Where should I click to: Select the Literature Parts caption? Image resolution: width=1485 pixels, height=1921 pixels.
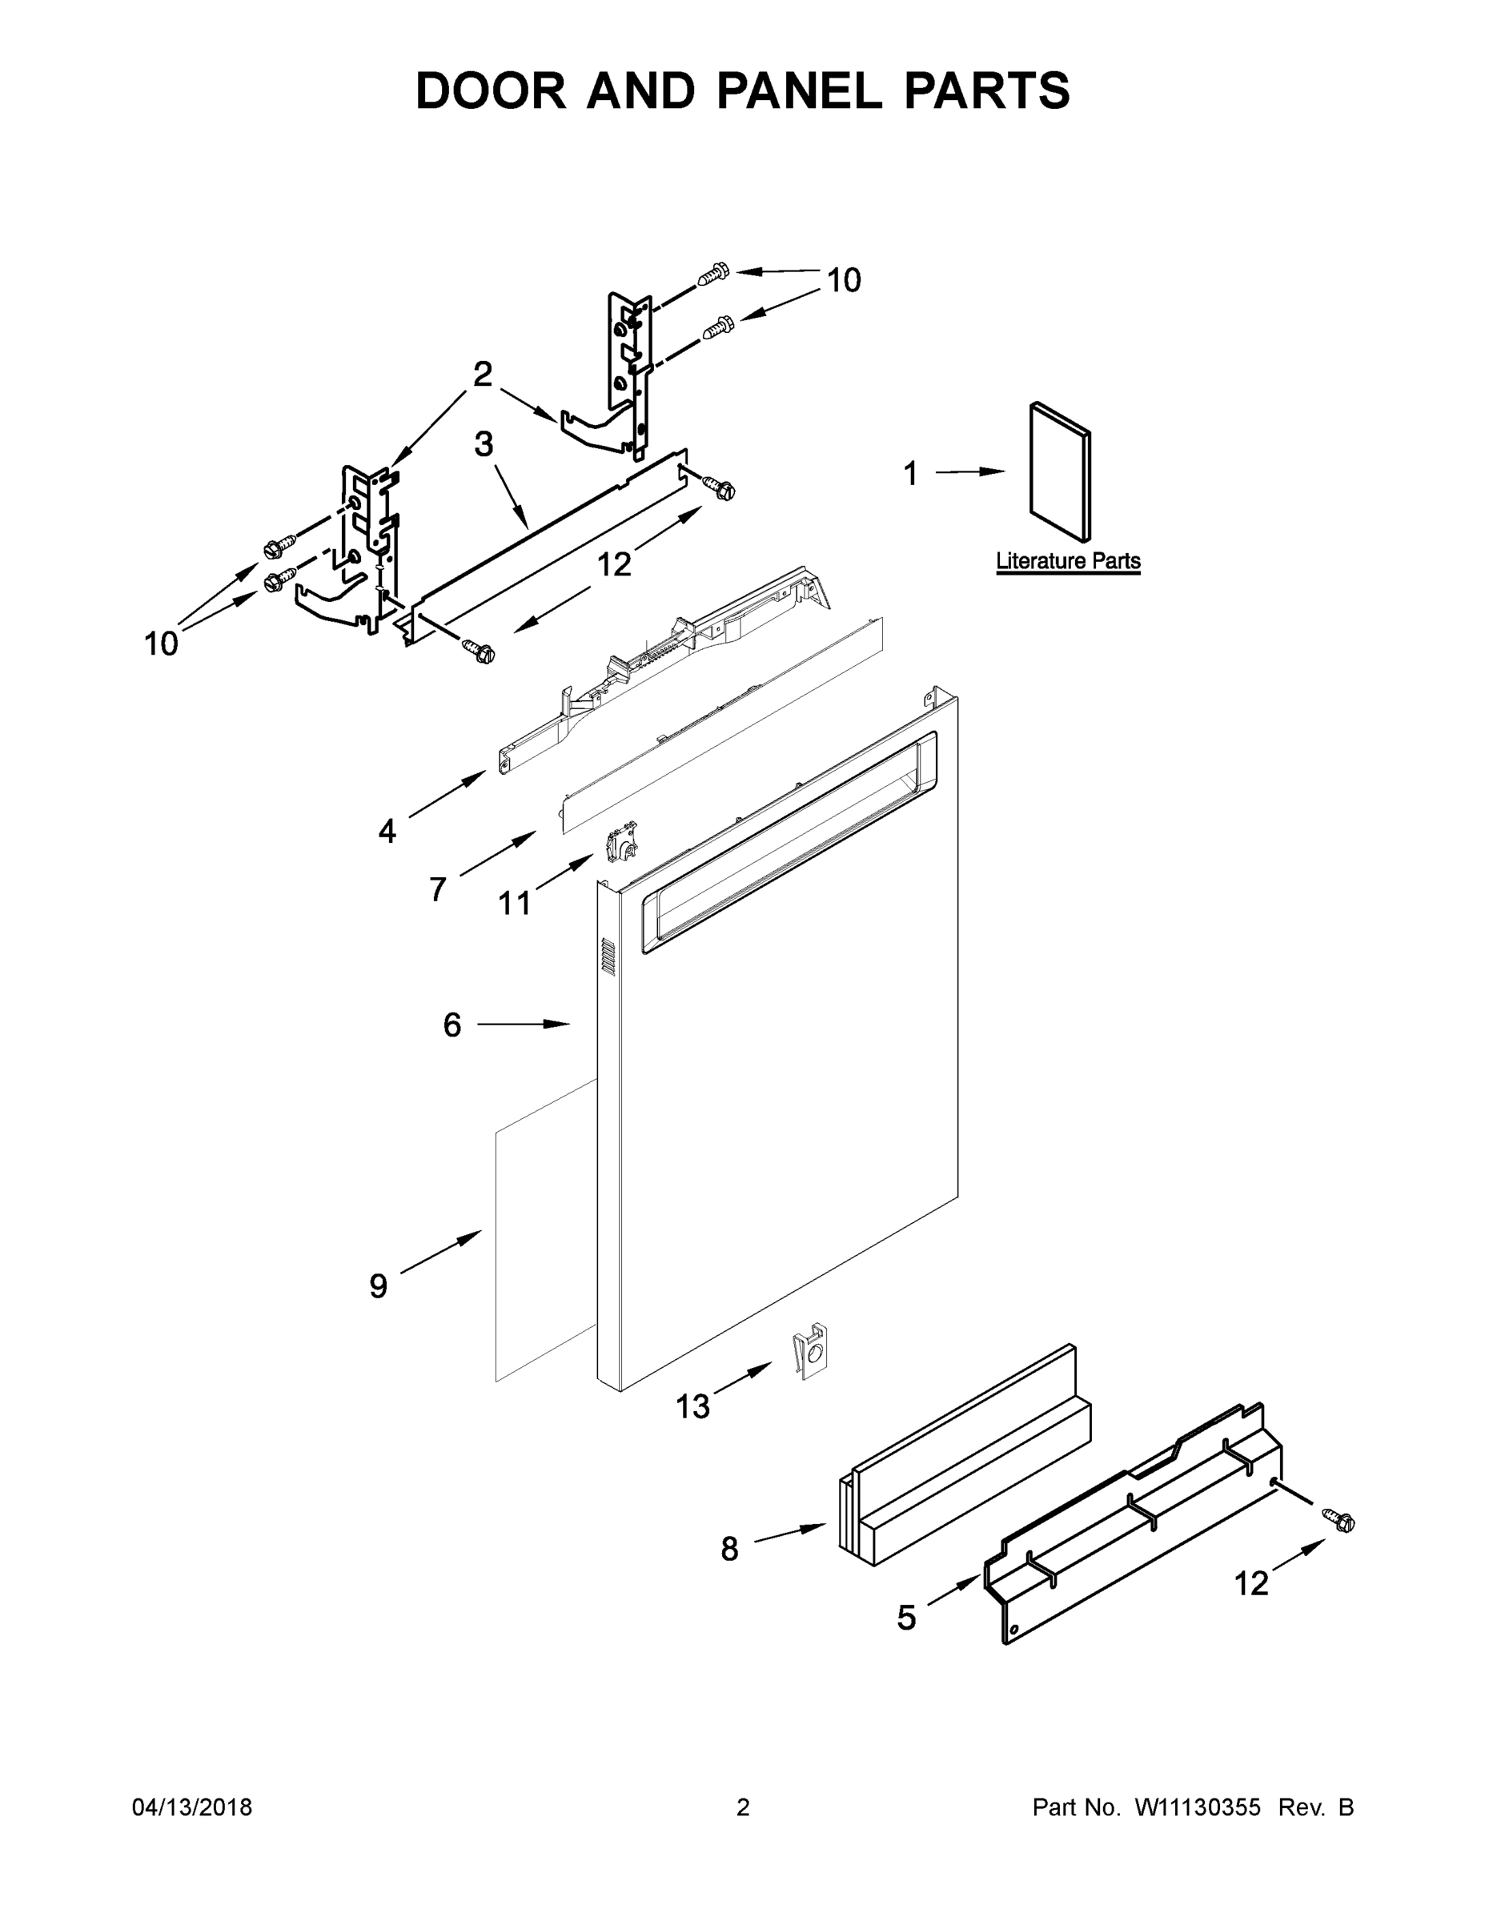click(1067, 561)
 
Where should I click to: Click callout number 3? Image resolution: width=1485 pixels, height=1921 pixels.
click(484, 445)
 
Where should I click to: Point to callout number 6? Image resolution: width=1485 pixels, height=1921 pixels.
click(452, 1025)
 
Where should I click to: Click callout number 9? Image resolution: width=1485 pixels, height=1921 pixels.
click(379, 1286)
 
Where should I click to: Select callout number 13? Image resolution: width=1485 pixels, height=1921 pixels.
click(692, 1407)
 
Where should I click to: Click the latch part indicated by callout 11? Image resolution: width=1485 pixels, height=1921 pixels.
click(622, 843)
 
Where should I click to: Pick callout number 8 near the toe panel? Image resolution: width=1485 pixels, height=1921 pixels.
click(729, 1549)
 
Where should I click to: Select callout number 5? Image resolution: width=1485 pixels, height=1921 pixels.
click(906, 1617)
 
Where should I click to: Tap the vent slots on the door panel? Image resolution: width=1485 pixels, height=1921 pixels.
click(606, 955)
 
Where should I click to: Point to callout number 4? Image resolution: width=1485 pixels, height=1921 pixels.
click(387, 831)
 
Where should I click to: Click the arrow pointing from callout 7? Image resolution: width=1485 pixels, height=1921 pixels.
click(497, 852)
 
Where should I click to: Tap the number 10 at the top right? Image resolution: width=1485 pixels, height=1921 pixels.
click(844, 281)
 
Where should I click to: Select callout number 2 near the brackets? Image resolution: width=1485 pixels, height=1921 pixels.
click(482, 375)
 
